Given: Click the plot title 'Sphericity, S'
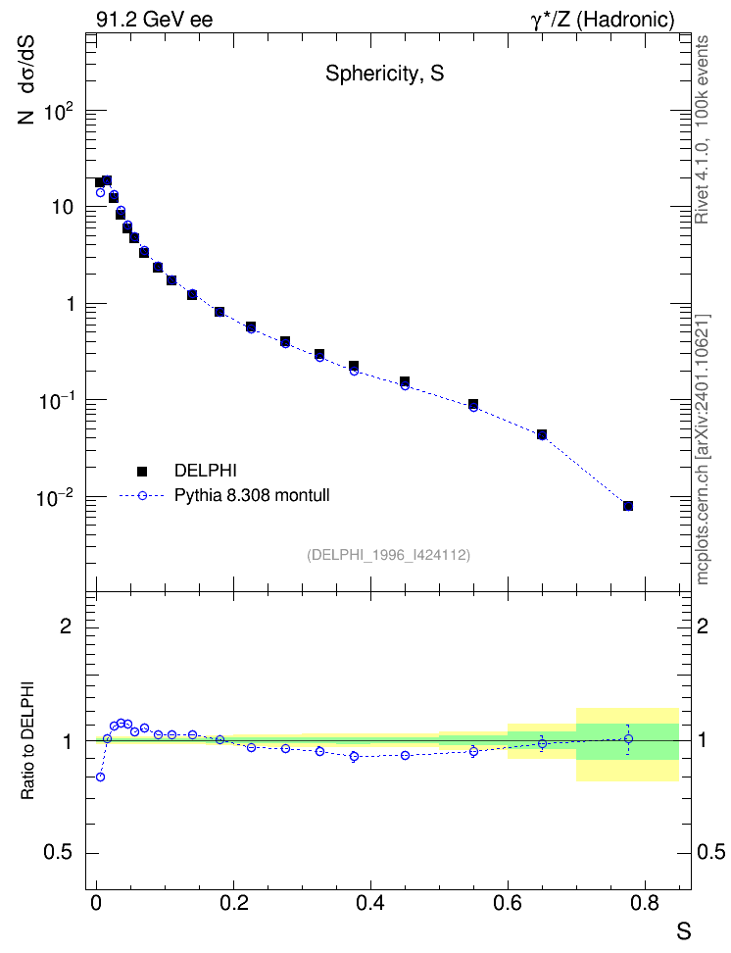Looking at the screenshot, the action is coord(385,74).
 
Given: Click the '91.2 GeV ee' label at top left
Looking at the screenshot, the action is coord(155,20).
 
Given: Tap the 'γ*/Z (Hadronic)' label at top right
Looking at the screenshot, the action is coord(603,20).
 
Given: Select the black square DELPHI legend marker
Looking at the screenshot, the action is coord(142,471).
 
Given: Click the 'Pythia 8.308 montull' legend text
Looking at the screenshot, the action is coord(252,495).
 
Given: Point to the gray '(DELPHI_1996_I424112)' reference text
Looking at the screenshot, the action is coord(388,555).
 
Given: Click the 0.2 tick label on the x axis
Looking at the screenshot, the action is coord(234,903).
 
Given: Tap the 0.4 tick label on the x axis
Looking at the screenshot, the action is coord(370,903).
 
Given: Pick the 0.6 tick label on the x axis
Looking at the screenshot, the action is coord(508,903).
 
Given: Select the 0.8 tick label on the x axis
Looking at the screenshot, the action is coord(644,903).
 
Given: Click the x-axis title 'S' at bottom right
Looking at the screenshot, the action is coord(684,931).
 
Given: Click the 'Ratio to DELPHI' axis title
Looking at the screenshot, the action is coord(27,740).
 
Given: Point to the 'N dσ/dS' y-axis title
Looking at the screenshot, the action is coord(25,80).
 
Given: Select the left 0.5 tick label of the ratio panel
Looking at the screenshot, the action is coord(58,852).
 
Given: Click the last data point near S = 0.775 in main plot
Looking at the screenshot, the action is coord(628,506).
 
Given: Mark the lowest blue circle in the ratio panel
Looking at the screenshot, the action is coord(100,777).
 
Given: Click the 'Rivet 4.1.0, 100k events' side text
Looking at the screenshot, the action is coord(702,129).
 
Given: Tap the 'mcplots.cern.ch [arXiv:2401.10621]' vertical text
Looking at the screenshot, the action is coord(703,449).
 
